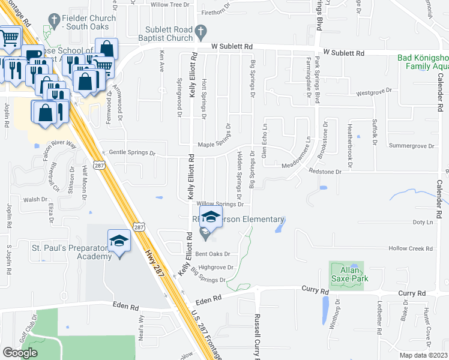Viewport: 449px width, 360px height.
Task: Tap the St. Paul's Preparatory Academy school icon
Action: click(x=118, y=241)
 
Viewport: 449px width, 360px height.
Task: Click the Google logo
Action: click(x=20, y=353)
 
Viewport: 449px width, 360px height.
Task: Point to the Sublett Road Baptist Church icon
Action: click(x=201, y=31)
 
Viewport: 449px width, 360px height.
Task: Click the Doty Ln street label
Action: click(x=423, y=223)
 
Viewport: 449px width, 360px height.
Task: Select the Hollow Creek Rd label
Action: click(x=411, y=248)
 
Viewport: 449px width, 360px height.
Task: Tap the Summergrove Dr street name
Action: click(x=411, y=146)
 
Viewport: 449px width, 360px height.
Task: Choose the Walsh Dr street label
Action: click(x=35, y=199)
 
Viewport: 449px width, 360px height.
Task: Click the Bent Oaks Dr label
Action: click(x=214, y=254)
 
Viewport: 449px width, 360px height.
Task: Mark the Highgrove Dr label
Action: click(x=215, y=267)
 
